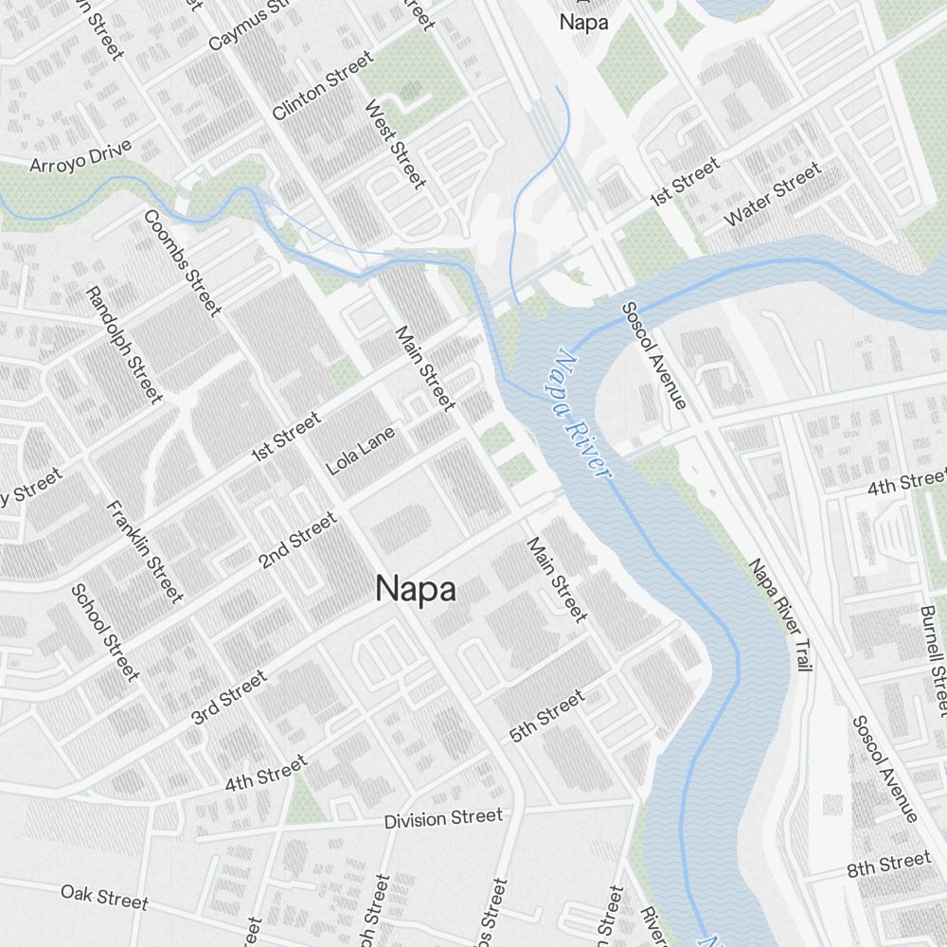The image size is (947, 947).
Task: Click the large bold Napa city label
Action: point(416,589)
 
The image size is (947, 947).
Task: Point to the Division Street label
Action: point(443,818)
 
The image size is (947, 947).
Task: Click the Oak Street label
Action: point(104,896)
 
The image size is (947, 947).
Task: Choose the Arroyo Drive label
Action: point(80,156)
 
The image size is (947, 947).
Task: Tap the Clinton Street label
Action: point(322,86)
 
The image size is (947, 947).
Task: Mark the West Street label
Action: point(396,144)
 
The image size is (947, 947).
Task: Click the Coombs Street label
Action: point(183,262)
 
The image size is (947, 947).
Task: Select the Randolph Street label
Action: point(124,345)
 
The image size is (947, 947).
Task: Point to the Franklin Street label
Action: point(145,552)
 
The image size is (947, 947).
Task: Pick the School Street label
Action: point(105,632)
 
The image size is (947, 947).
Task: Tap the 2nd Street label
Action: point(297,541)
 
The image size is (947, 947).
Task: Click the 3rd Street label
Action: point(229,698)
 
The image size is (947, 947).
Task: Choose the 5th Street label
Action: point(547,716)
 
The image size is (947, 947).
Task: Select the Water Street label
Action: point(773,194)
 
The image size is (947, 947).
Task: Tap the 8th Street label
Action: point(889,865)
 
